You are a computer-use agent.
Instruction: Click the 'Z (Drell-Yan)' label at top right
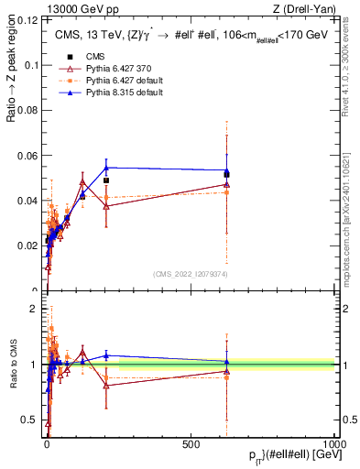pyautogui.click(x=305, y=9)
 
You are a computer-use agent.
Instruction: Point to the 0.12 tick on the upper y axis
pyautogui.click(x=31, y=21)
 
